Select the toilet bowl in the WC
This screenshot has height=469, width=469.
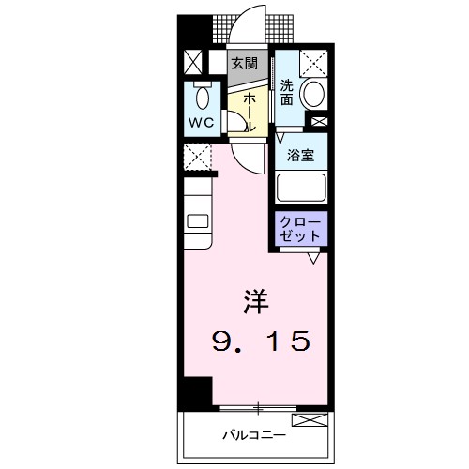[200, 98]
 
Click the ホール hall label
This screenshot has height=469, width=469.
[250, 111]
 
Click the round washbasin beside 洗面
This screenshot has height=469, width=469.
[316, 94]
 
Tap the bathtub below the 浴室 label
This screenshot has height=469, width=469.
[301, 188]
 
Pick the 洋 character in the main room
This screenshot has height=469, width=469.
[255, 302]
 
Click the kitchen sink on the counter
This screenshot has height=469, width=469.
[199, 221]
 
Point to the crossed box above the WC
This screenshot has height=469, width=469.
[192, 63]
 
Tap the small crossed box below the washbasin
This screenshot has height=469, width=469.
[320, 120]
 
